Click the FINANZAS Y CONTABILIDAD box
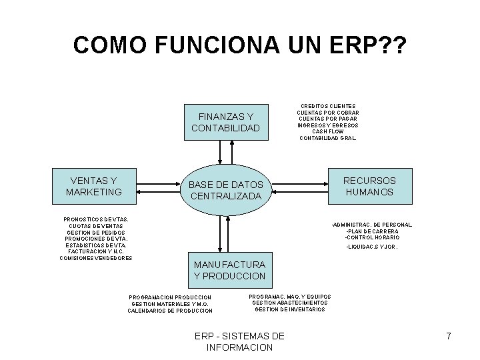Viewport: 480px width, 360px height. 225,122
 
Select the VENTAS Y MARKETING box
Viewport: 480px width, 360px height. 94,187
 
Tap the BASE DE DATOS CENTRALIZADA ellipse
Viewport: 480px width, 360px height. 226,190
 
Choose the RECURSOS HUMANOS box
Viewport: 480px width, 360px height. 369,187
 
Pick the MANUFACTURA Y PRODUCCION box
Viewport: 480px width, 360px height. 229,270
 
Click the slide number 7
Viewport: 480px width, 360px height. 449,337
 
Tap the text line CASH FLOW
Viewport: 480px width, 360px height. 327,131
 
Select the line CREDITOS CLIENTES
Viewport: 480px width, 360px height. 327,106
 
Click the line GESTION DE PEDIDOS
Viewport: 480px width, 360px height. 96,232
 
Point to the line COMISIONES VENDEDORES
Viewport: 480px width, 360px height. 96,258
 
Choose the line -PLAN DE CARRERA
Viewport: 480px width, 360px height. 371,231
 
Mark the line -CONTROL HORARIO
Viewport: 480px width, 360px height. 372,237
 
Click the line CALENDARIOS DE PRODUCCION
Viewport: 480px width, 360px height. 170,310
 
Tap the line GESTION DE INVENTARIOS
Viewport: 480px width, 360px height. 290,309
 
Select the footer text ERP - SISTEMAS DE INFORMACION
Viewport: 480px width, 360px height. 239,341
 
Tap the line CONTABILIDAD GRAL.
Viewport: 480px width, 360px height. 327,138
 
